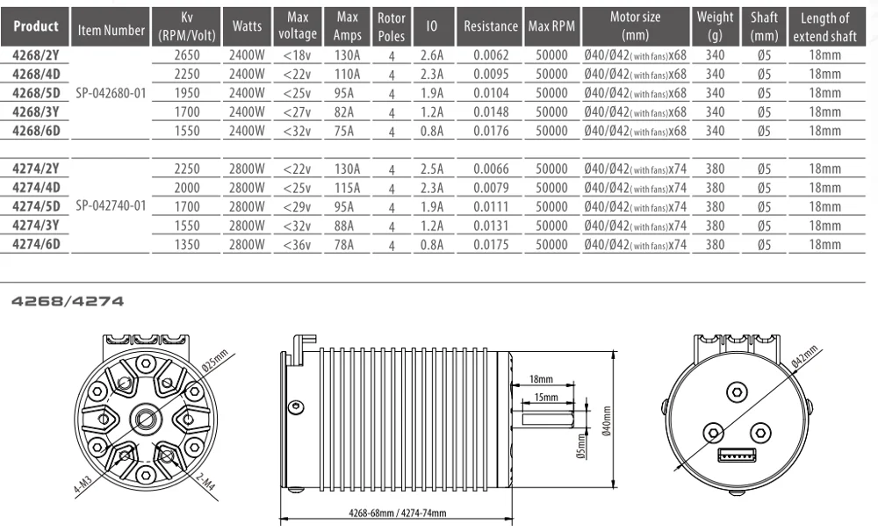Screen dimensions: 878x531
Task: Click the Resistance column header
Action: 491,26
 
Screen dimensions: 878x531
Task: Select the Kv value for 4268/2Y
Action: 186,55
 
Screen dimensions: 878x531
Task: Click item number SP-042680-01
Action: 111,93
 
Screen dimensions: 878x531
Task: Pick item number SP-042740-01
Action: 111,206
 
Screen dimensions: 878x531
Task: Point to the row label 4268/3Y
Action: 36,112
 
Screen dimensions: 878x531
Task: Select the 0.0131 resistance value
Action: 491,226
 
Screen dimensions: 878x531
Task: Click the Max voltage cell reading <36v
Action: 298,245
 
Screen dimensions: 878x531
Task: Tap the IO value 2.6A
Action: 432,55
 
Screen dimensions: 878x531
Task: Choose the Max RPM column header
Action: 551,26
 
